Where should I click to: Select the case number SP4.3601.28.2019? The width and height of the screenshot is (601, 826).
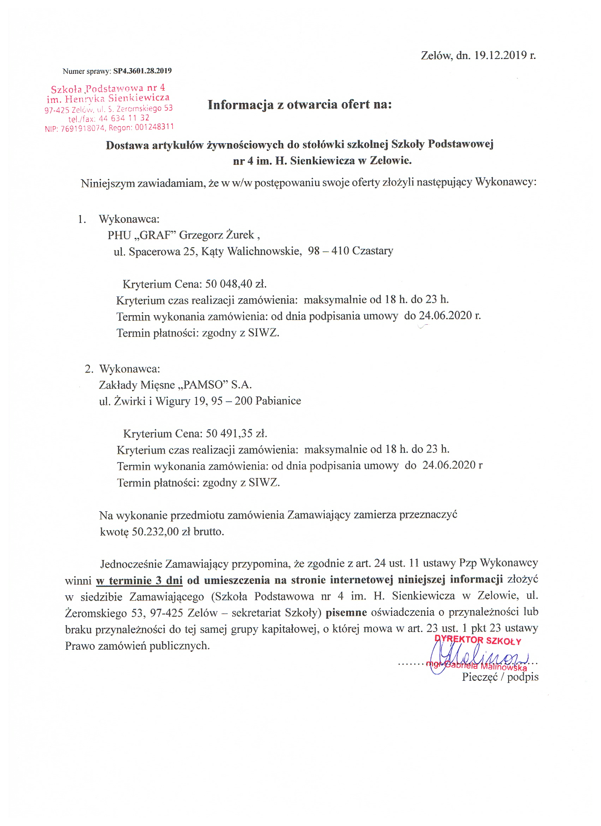142,71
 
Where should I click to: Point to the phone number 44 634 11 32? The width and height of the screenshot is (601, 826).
124,118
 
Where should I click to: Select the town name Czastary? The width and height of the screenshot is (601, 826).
373,251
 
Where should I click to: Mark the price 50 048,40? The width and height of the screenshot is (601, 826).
228,284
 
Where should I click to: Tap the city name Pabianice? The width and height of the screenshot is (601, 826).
278,401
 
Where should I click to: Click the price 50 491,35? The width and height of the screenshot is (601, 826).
229,433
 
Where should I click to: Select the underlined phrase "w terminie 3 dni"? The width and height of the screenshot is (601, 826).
139,580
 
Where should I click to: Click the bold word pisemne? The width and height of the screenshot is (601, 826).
346,613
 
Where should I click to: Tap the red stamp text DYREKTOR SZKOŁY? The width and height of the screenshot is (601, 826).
478,640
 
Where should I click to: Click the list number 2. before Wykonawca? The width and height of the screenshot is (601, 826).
89,369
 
